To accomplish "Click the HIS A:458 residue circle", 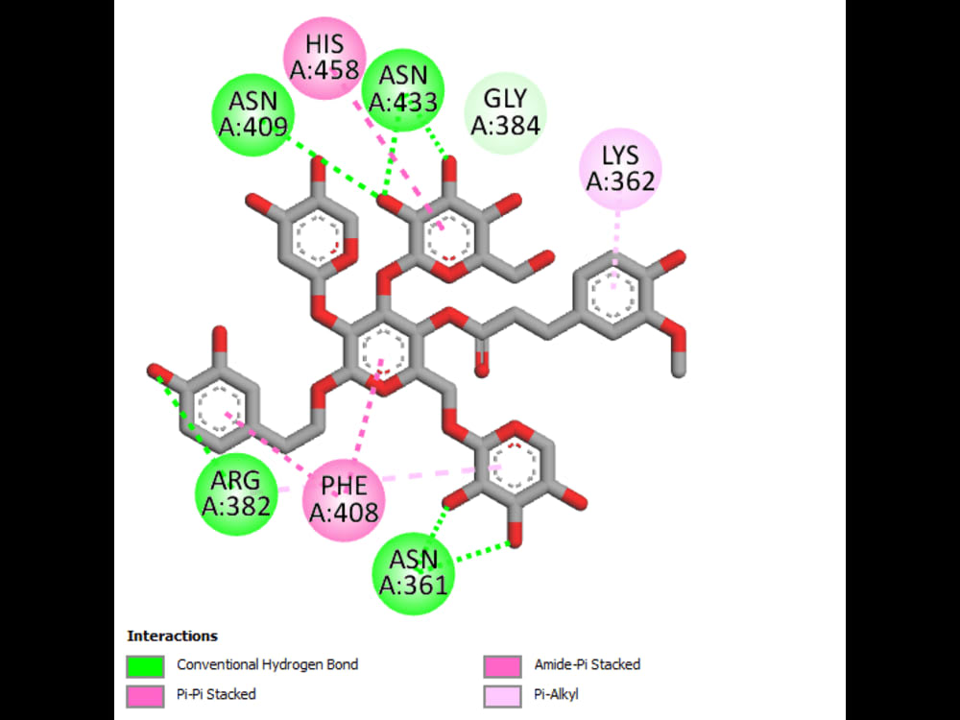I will [326, 58].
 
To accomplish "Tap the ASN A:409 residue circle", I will [252, 114].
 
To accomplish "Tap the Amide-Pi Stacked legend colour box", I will [499, 665].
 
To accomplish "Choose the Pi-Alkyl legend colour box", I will [499, 694].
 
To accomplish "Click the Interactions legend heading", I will [173, 636].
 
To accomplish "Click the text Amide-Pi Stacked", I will [588, 664].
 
